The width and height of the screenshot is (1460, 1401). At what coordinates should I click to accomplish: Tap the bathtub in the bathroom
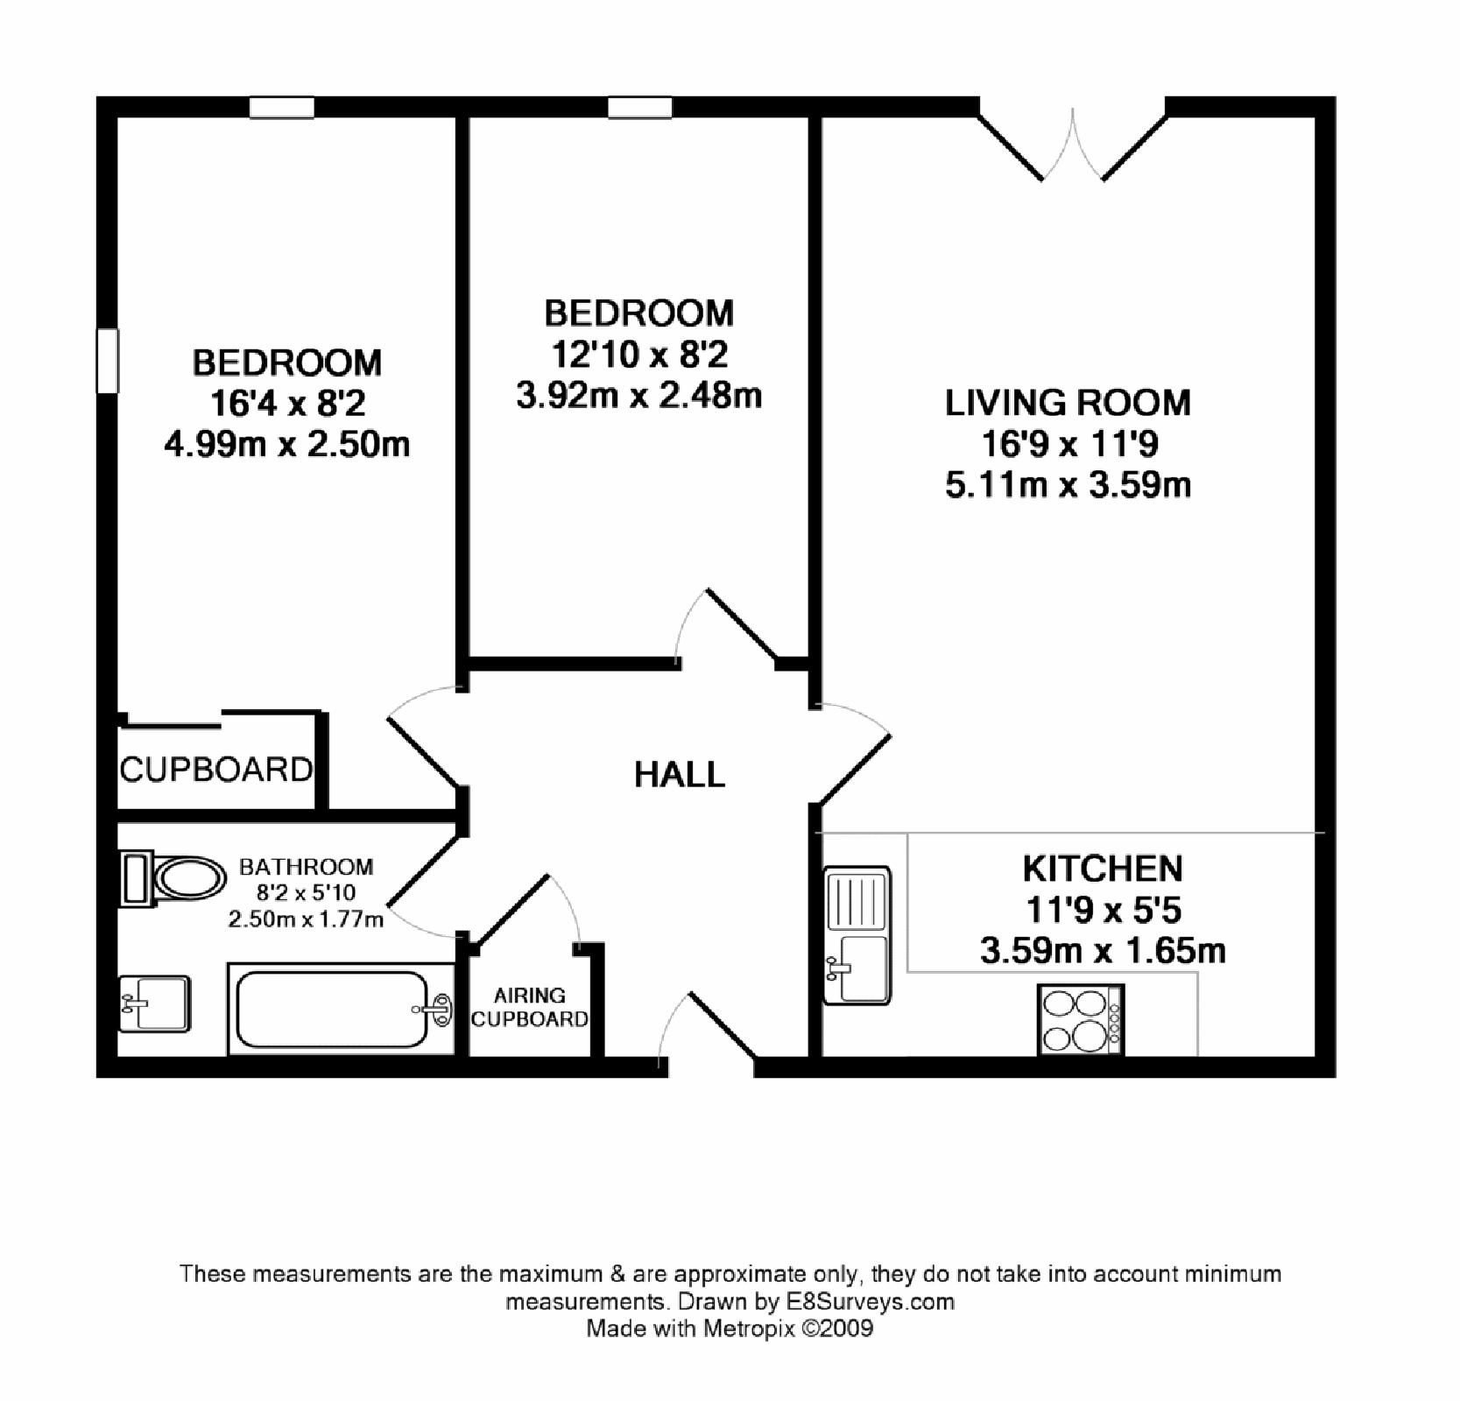click(x=341, y=1009)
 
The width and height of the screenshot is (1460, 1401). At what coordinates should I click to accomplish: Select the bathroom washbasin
click(x=154, y=1003)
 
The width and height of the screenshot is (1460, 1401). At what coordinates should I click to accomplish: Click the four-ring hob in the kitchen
click(x=1078, y=1020)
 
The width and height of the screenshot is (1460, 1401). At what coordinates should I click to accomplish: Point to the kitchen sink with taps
click(x=858, y=934)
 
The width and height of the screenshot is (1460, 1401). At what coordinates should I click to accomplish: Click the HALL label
click(x=680, y=775)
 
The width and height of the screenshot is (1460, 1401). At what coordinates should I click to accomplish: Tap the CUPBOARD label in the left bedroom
click(x=215, y=770)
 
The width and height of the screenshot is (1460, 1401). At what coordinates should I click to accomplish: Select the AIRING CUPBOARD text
click(x=530, y=1007)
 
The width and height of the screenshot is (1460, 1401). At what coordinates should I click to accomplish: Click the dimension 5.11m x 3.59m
click(x=1068, y=484)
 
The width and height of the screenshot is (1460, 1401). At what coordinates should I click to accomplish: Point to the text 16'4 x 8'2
click(x=287, y=404)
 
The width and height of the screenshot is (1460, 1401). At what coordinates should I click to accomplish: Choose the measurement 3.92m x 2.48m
click(x=638, y=396)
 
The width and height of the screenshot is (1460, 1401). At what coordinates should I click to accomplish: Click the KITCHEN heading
click(x=1103, y=869)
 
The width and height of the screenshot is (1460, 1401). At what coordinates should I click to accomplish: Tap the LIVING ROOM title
click(x=1068, y=403)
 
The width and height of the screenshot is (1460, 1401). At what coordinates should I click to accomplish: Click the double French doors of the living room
click(x=1072, y=144)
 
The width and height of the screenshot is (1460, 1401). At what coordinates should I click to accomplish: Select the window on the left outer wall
click(x=107, y=361)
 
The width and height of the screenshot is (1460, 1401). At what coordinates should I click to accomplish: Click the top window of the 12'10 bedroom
click(x=640, y=108)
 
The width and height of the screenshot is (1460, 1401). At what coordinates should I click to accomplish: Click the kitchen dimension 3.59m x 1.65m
click(x=1103, y=950)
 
